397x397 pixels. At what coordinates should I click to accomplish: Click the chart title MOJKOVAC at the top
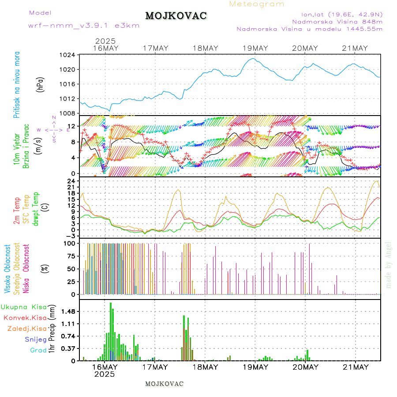176,16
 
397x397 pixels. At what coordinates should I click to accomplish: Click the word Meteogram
257,4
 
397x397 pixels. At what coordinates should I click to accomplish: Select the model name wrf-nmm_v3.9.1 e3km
84,26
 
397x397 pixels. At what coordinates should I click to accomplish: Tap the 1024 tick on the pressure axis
67,55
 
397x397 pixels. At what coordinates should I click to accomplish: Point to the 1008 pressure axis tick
67,113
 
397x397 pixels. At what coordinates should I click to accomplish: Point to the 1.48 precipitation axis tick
68,311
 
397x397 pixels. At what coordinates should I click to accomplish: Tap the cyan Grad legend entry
38,350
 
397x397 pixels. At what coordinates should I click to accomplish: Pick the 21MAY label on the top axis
355,48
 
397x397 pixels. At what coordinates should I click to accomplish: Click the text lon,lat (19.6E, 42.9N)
342,14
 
